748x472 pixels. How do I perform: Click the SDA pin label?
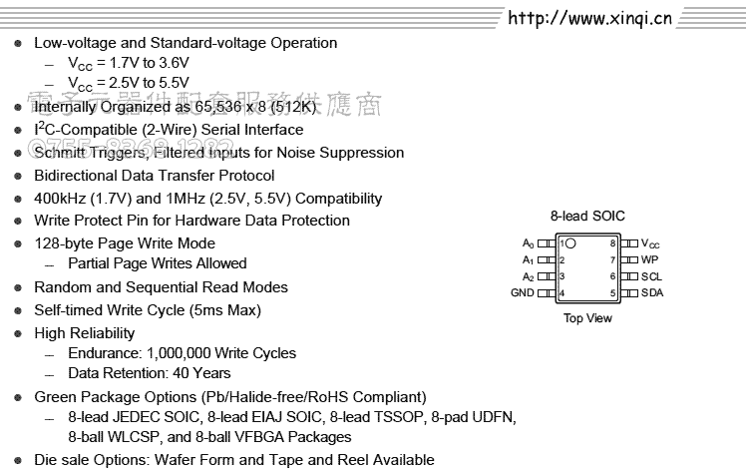pyautogui.click(x=651, y=293)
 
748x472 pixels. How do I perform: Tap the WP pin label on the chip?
pyautogui.click(x=649, y=259)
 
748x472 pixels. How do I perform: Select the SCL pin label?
pyautogui.click(x=651, y=276)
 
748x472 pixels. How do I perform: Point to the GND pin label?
pyautogui.click(x=523, y=293)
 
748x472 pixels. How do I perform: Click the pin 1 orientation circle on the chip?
pyautogui.click(x=570, y=243)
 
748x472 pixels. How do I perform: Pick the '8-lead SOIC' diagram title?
pyautogui.click(x=587, y=216)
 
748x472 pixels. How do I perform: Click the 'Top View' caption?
pyautogui.click(x=587, y=318)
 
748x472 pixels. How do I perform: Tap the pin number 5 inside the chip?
pyautogui.click(x=613, y=293)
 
